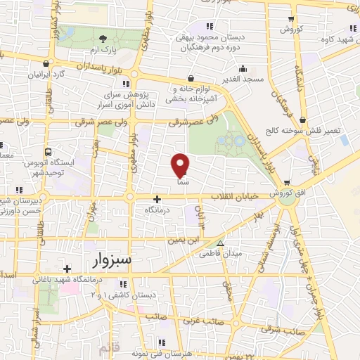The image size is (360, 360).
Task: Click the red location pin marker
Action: tap(180, 165)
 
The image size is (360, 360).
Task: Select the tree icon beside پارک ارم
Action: tap(103, 38)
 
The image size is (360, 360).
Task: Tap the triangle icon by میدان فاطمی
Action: tap(221, 243)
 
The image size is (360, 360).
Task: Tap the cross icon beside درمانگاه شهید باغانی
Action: tap(67, 269)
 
